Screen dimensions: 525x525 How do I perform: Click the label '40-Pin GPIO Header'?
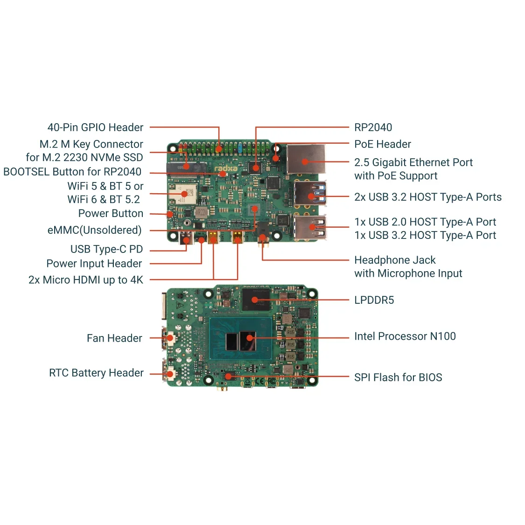[x=95, y=127]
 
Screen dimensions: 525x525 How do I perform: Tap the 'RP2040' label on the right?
[x=373, y=127]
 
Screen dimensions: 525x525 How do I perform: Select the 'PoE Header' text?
[x=382, y=144]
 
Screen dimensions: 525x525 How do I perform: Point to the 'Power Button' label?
[x=111, y=213]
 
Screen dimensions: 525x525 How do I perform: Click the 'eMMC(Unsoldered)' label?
[x=94, y=230]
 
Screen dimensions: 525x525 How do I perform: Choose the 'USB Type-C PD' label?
[x=106, y=249]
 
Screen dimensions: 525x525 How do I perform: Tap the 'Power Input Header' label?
[x=94, y=264]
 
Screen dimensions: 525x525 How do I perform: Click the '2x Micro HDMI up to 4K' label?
[x=85, y=280]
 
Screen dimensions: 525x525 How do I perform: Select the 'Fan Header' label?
[x=114, y=338]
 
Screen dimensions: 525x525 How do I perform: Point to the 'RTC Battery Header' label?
[x=96, y=373]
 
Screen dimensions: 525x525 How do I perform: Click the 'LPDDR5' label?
[x=374, y=300]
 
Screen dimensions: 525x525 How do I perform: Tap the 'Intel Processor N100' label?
[x=405, y=336]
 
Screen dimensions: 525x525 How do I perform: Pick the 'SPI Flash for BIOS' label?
[x=398, y=378]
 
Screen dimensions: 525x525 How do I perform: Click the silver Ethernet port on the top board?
[x=306, y=159]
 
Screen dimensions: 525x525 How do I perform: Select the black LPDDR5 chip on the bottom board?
[x=256, y=300]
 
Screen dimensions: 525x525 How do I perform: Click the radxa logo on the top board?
[x=226, y=168]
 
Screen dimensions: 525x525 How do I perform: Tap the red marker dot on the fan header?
[x=170, y=338]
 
